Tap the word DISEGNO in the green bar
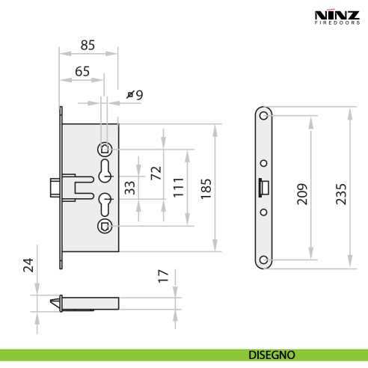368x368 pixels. click(272, 355)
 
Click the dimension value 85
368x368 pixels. click(88, 45)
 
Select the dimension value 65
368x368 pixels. click(82, 71)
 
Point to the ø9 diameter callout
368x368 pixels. click(135, 95)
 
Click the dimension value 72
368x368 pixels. click(156, 174)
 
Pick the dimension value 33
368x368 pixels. click(130, 188)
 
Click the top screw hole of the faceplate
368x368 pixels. click(263, 116)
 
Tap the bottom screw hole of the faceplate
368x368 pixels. click(263, 260)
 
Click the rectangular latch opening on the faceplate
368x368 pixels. click(263, 187)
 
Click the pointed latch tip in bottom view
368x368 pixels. click(54, 301)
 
